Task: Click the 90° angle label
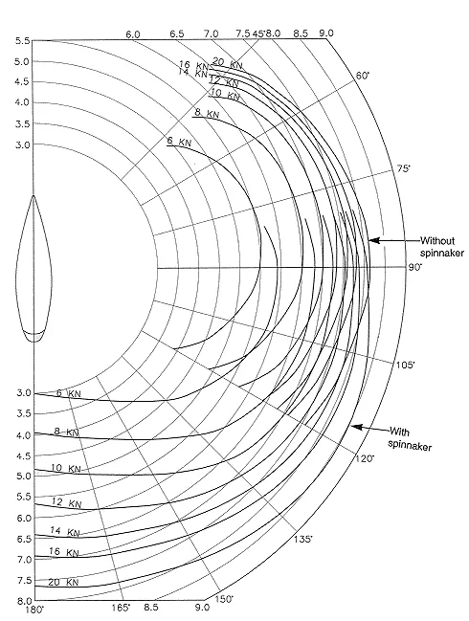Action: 415,267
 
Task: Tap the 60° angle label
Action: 362,76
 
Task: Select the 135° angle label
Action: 303,539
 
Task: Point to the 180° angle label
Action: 34,610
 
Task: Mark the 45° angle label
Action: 258,33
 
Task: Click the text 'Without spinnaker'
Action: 441,247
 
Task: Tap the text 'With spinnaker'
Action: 410,439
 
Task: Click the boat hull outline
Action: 33,268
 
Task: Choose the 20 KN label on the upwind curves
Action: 228,63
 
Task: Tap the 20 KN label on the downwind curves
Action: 63,582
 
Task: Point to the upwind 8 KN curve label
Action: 207,113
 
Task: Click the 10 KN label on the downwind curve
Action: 65,468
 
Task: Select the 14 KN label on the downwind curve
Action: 64,531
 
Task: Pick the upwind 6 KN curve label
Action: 179,141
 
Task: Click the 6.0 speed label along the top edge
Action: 133,34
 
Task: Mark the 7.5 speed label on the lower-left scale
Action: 23,580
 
